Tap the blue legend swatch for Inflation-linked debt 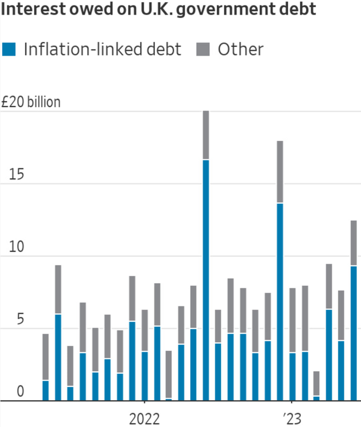point(10,50)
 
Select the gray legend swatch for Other point(203,50)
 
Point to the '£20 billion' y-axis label point(31,102)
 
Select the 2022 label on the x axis point(144,418)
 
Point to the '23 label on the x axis point(292,418)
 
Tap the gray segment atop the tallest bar point(206,135)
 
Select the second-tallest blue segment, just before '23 point(280,302)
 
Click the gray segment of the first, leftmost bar point(45,357)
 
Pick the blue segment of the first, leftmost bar point(45,390)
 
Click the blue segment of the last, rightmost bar point(354,333)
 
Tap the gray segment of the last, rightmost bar point(354,243)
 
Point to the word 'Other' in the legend point(240,50)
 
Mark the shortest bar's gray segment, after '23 point(317,383)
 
